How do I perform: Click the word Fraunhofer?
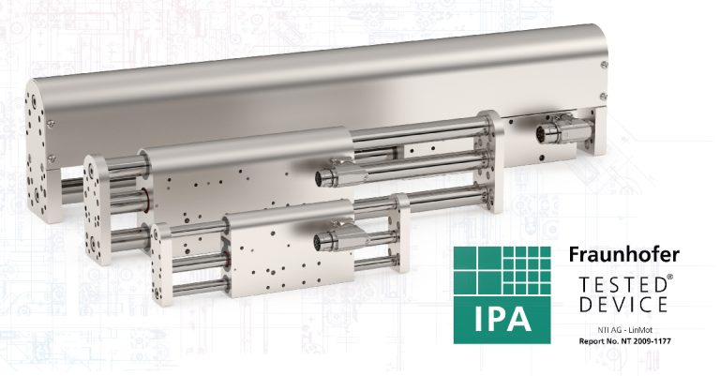[x=626, y=255]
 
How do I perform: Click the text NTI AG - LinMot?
[x=622, y=330]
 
